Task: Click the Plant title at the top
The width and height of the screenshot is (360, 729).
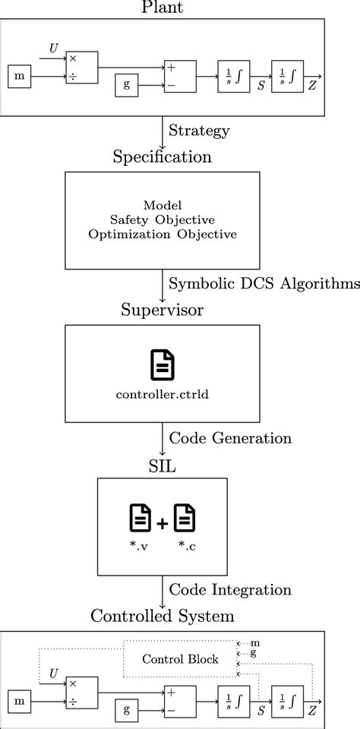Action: tap(163, 8)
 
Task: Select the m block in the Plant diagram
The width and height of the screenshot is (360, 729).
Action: tap(20, 76)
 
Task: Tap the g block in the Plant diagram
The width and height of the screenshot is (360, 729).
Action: tap(127, 85)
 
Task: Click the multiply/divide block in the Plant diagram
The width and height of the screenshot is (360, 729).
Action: tap(81, 68)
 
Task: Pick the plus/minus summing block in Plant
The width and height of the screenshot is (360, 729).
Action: tap(179, 76)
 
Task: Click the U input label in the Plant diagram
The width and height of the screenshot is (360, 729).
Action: tap(53, 49)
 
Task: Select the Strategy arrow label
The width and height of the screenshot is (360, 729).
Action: tap(200, 131)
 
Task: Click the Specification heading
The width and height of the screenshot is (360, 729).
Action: tap(163, 157)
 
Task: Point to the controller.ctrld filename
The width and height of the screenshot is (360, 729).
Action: tap(163, 393)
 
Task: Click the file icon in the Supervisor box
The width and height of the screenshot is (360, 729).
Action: tap(163, 364)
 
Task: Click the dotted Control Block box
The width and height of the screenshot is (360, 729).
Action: tap(180, 658)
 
